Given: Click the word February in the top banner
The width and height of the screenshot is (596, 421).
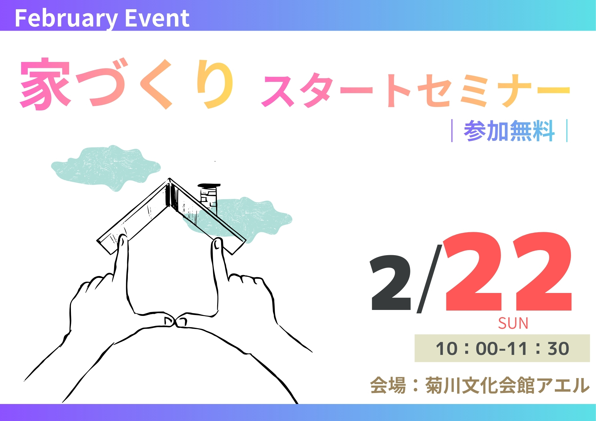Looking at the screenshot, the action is point(66,19).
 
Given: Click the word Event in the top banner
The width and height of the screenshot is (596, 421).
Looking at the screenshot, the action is point(157,18).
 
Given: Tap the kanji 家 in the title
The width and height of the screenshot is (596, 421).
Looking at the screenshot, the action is point(45,84).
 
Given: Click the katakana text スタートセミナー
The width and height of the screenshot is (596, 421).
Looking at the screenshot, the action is point(415,90).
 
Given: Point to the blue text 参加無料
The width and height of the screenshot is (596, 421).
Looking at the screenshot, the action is point(509,131).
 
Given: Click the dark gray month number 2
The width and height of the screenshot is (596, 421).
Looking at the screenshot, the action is point(390,283).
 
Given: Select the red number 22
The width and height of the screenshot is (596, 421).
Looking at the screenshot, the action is point(507,271).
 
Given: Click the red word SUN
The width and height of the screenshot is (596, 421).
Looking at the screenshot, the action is point(513,323).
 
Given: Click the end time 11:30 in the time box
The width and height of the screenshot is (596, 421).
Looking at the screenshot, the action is point(538,348).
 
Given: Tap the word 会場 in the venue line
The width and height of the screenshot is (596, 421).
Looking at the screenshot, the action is point(388,385).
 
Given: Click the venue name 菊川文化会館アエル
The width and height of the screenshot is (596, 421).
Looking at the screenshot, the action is point(507,385).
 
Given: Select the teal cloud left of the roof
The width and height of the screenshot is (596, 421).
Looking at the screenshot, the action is point(106,168).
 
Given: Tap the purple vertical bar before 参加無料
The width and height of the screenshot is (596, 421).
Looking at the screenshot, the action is point(452,131).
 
